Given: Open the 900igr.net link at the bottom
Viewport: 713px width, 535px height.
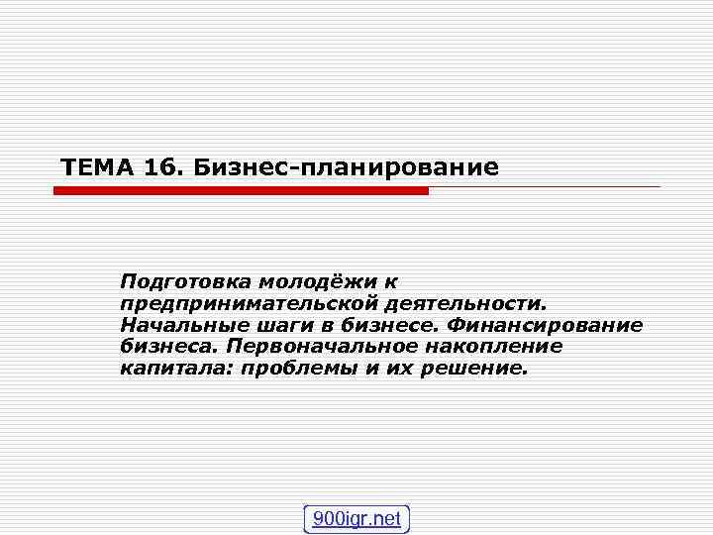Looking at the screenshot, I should pyautogui.click(x=356, y=519).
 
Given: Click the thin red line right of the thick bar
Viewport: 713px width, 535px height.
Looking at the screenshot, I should pyautogui.click(x=545, y=187).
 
